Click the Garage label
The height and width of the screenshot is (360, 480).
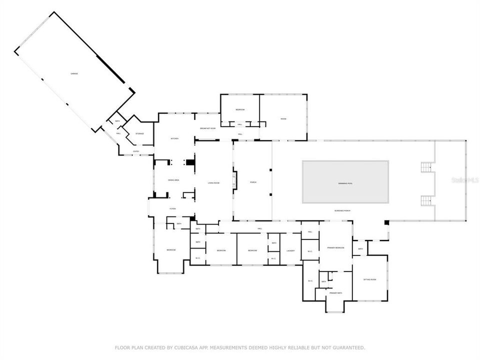click(74, 73)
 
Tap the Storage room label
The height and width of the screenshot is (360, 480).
click(139, 133)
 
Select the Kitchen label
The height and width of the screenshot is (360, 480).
click(174, 138)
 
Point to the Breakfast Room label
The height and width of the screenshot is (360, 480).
click(207, 128)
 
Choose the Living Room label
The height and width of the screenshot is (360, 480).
click(213, 183)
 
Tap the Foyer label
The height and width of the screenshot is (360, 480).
click(172, 208)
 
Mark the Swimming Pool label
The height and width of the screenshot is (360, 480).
click(345, 183)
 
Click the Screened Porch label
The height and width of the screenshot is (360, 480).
click(342, 210)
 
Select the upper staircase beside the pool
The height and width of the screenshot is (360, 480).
click(426, 167)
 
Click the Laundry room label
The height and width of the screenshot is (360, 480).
click(290, 250)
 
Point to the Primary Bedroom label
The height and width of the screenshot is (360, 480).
click(335, 247)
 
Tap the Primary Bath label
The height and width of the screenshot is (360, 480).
click(336, 293)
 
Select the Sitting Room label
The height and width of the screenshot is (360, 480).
click(369, 279)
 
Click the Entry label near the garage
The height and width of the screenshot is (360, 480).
click(136, 151)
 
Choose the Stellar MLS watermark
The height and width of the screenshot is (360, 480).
click(464, 179)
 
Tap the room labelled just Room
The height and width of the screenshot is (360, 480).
click(283, 118)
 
